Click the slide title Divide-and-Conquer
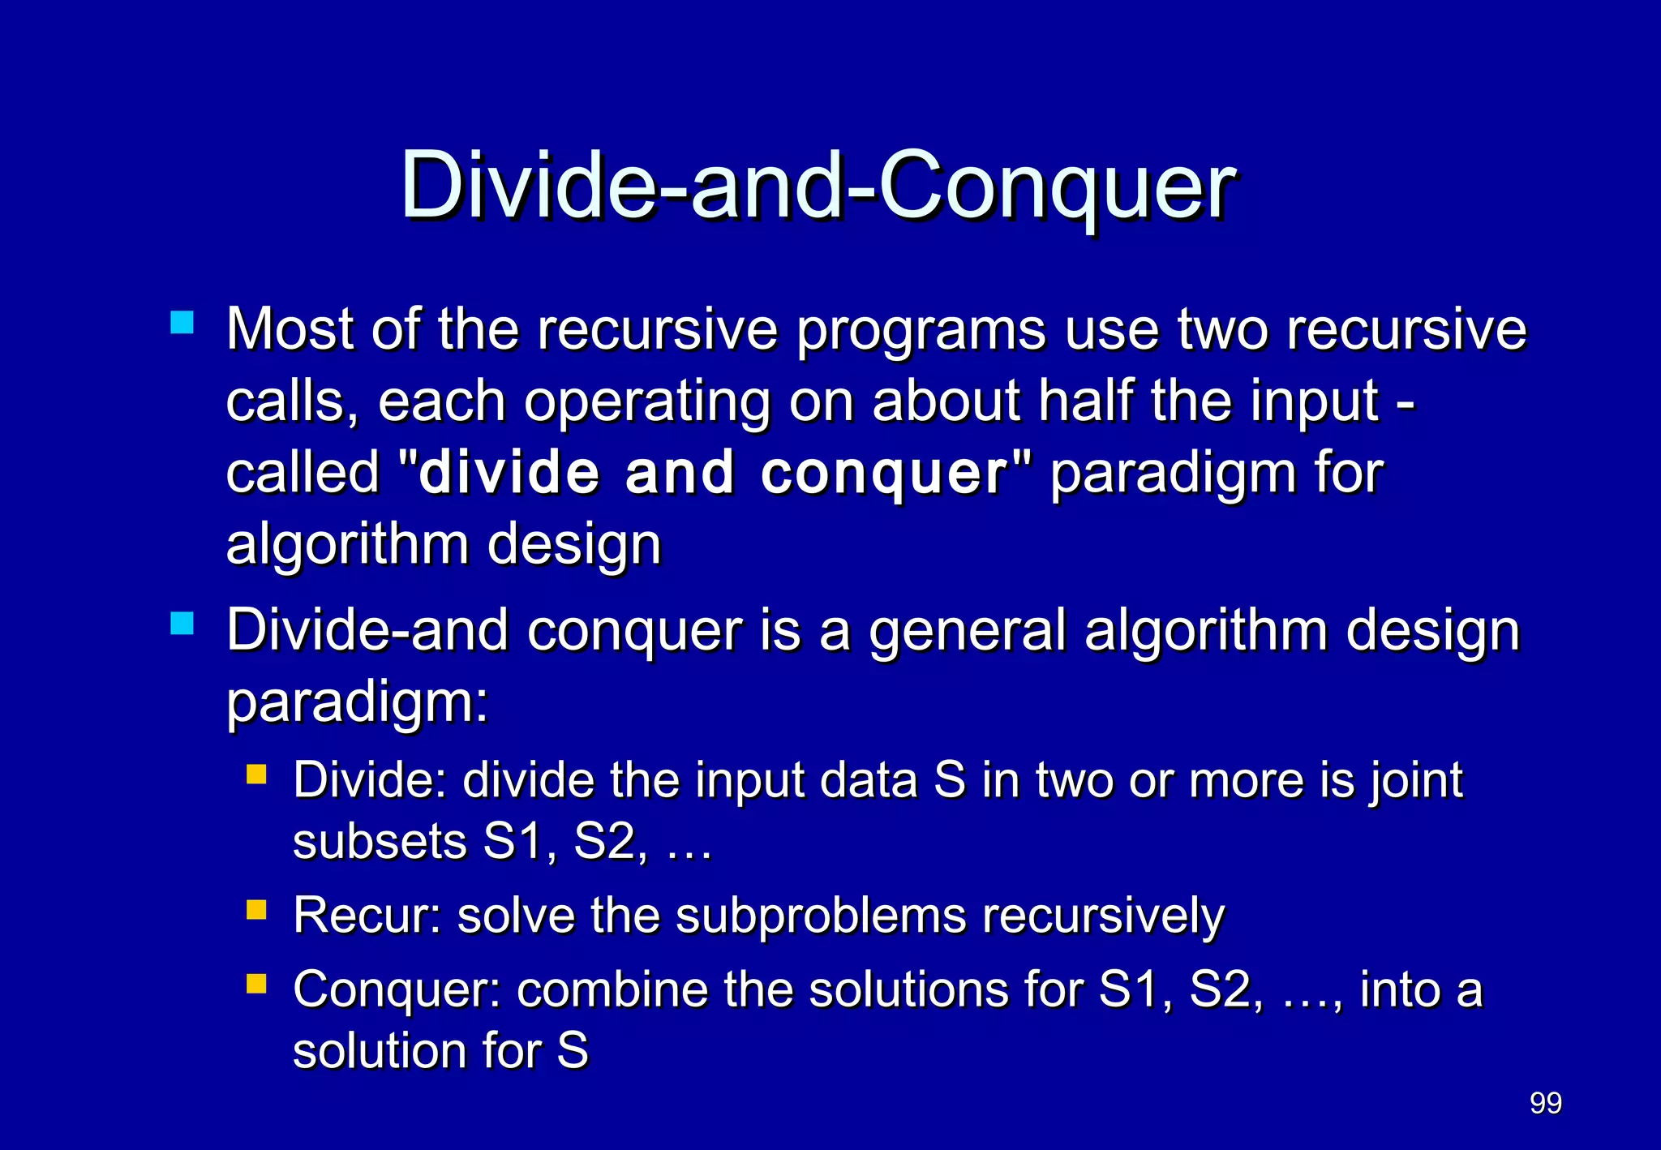tap(818, 187)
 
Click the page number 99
tap(1545, 1103)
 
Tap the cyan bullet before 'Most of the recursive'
tap(182, 323)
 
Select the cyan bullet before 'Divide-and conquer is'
tap(182, 624)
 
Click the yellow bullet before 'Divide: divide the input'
tap(256, 774)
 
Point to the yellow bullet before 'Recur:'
tap(256, 909)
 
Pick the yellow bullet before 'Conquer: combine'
tap(256, 984)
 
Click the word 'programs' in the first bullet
tap(921, 331)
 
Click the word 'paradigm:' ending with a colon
tap(357, 703)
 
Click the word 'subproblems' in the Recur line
tap(820, 916)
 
